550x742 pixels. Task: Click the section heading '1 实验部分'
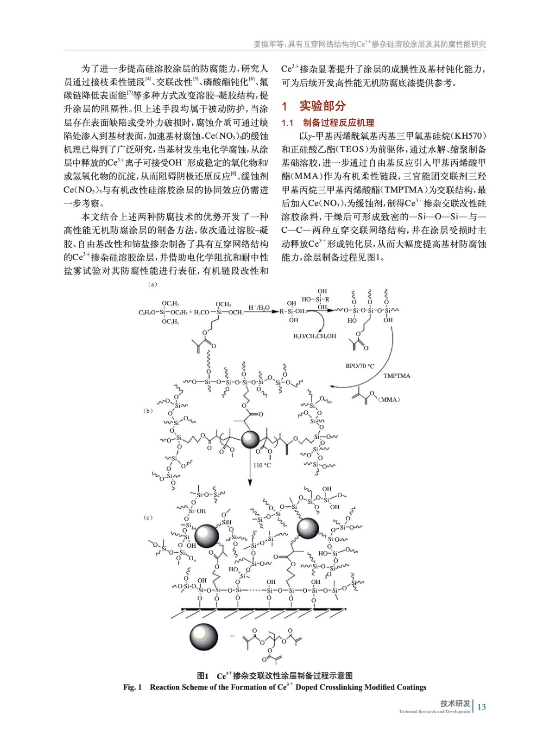pos(314,106)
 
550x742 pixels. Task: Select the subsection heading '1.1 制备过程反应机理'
pos(328,123)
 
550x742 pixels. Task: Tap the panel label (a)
pos(152,284)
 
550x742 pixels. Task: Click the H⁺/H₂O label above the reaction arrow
pos(259,308)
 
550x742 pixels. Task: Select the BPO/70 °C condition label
pos(360,366)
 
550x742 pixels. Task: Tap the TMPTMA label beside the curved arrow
pos(397,376)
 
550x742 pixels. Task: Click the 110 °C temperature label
pos(262,465)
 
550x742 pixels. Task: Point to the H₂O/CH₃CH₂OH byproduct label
pos(315,336)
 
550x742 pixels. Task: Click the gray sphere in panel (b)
pos(251,439)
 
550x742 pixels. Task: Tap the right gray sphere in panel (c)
pos(308,528)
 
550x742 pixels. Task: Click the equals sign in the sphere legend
pos(233,635)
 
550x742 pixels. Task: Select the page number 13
pos(481,707)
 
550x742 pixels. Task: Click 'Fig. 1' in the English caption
pos(133,687)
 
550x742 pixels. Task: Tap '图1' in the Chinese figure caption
pos(202,676)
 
